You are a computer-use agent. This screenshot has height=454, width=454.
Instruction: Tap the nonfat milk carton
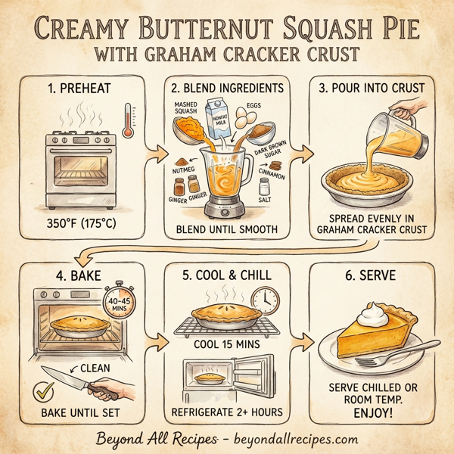221,120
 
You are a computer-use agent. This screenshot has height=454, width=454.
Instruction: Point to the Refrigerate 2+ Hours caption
228,412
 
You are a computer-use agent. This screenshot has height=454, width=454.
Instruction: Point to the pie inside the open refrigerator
210,376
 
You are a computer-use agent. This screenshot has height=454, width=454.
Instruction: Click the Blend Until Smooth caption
227,229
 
